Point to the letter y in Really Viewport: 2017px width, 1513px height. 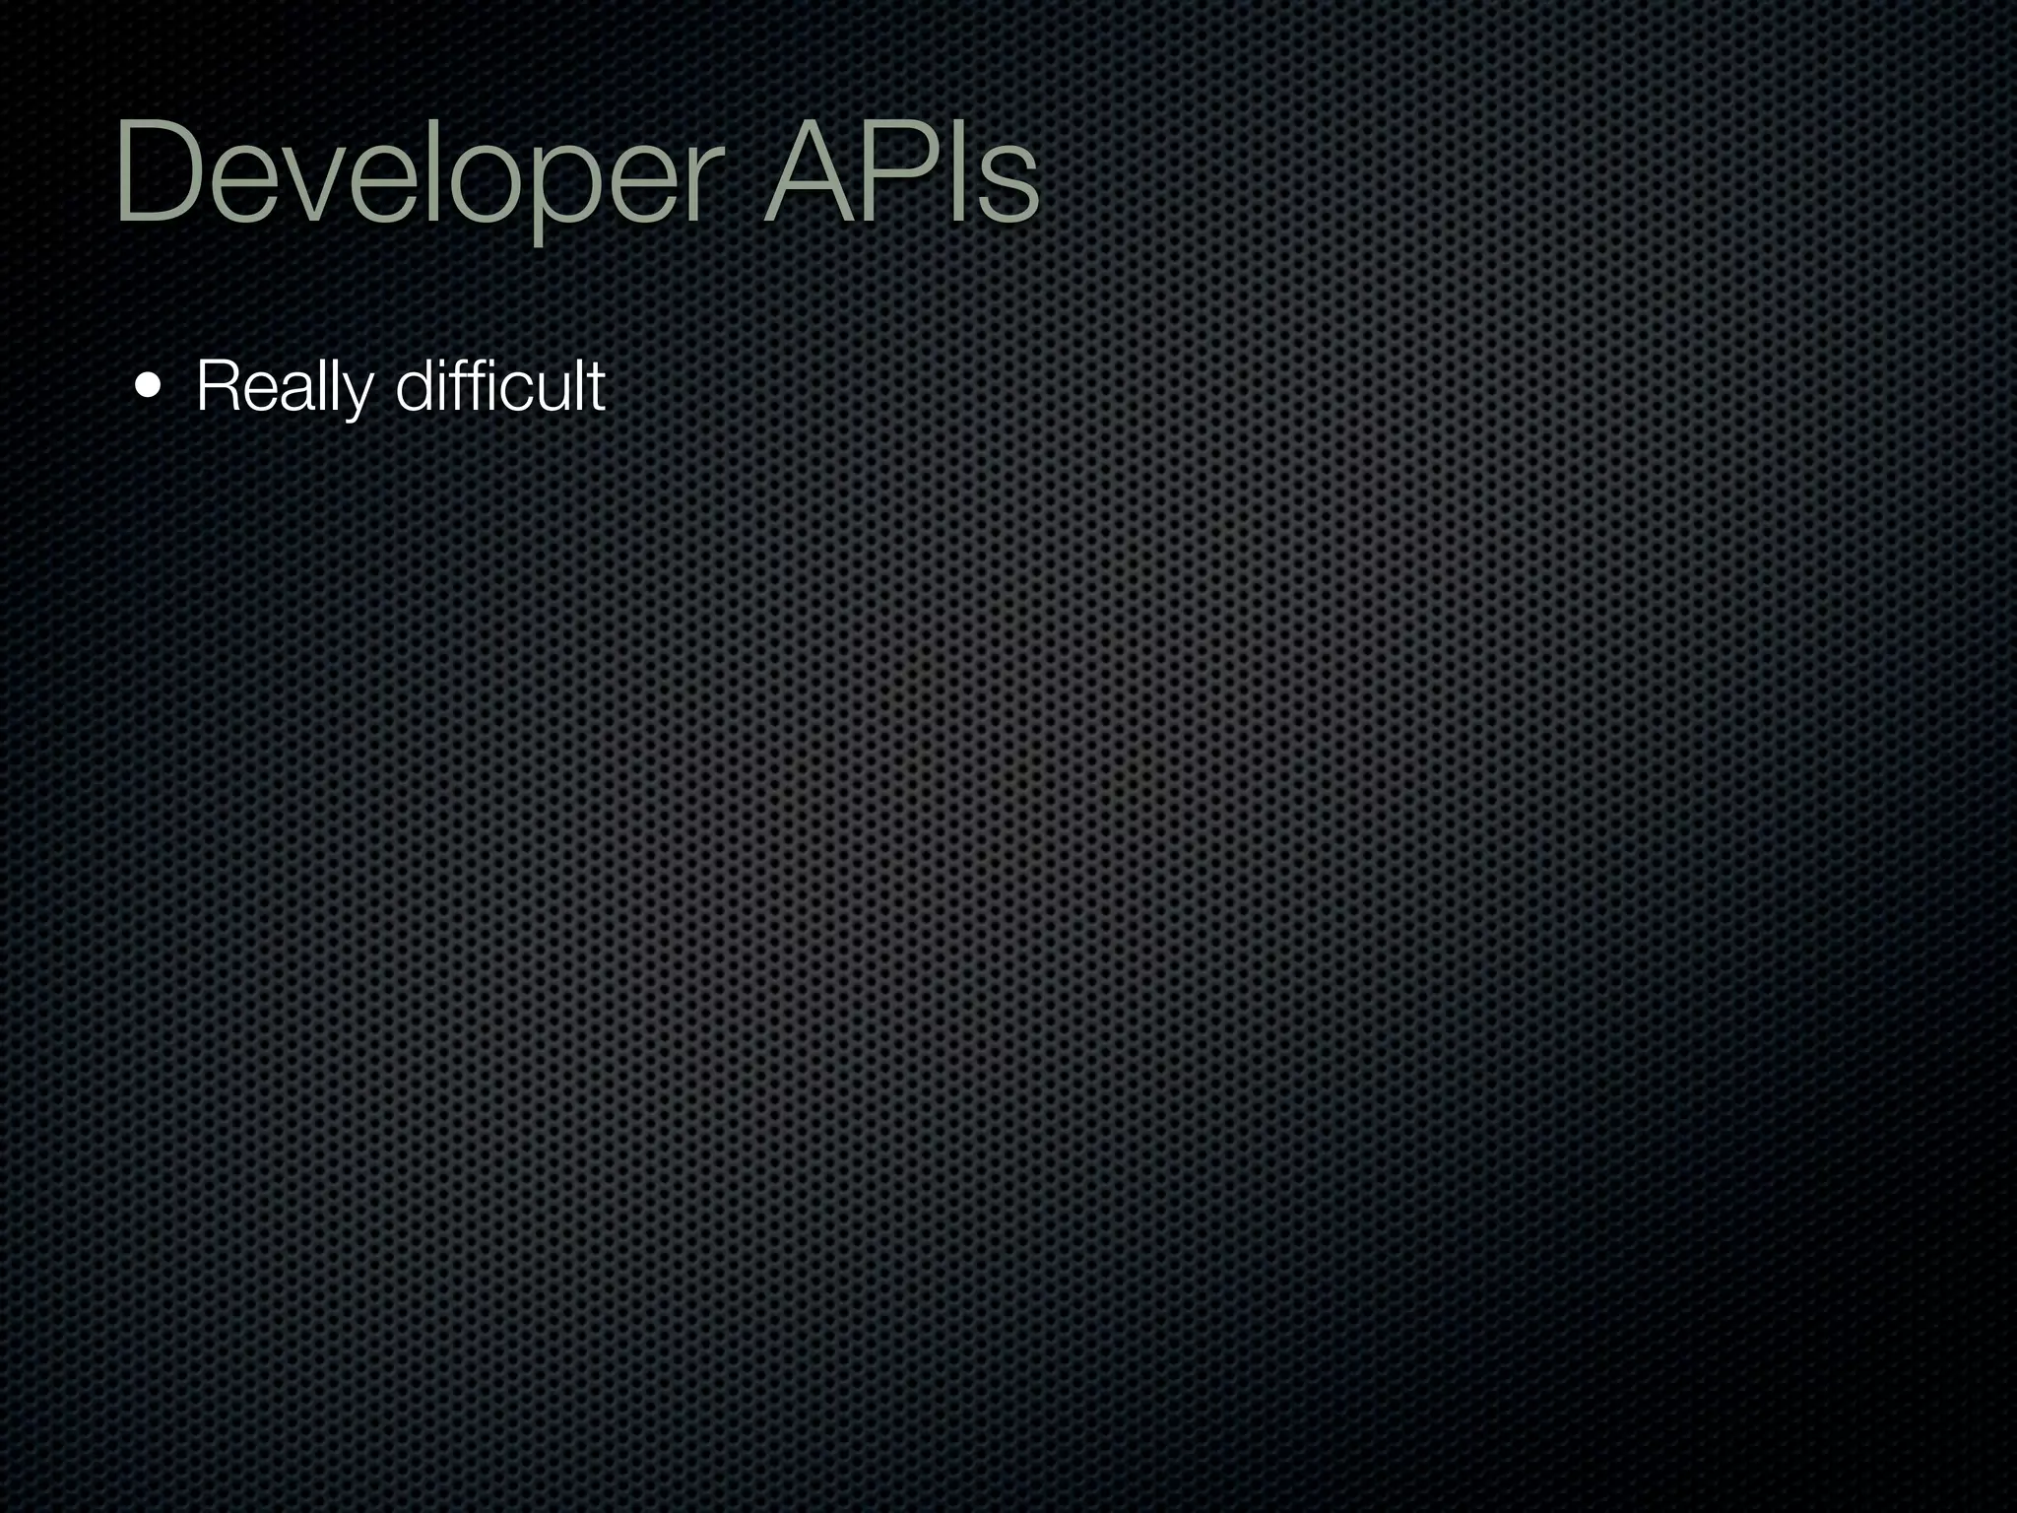(x=354, y=394)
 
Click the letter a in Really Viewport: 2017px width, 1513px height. (x=294, y=391)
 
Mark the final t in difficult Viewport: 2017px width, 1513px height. (x=597, y=386)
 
